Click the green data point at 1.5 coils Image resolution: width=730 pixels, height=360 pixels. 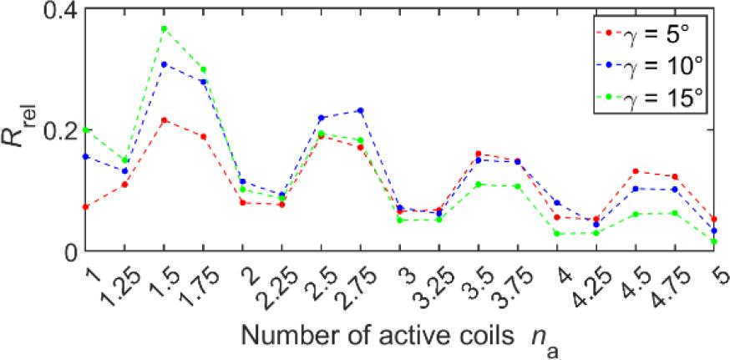tap(164, 28)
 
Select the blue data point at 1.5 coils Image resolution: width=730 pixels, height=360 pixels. tap(164, 64)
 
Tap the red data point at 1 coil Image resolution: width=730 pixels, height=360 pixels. tap(85, 206)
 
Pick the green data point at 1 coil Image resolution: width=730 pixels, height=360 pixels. tap(85, 130)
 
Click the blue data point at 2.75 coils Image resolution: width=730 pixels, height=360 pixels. tap(361, 110)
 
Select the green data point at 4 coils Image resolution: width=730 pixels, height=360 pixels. tap(558, 234)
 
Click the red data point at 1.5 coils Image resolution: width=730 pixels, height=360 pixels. tap(164, 120)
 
